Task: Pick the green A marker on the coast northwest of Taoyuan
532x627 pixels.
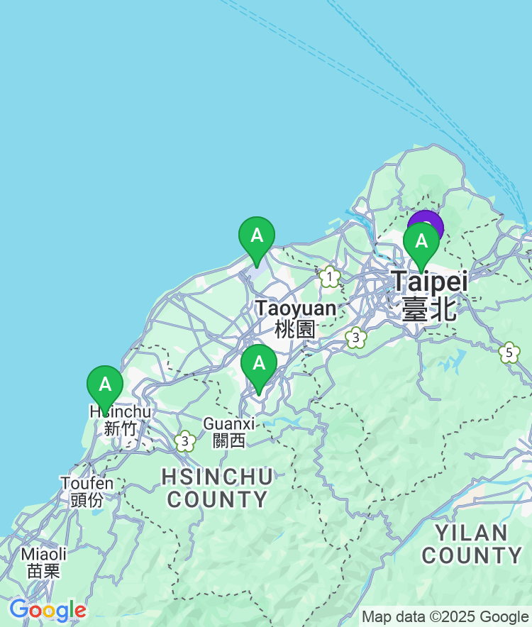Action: click(x=256, y=236)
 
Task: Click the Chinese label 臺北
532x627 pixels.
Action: click(x=428, y=310)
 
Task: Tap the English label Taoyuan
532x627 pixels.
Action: click(x=296, y=309)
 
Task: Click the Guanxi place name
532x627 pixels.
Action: click(x=228, y=423)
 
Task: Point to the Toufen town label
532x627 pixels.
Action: click(x=87, y=483)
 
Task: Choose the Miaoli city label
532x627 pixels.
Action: click(x=44, y=554)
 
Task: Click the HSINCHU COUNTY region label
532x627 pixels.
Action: click(x=217, y=487)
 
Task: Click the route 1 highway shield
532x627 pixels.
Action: click(x=329, y=277)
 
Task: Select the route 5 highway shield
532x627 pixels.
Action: click(x=509, y=353)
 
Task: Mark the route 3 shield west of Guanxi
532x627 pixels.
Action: click(x=185, y=441)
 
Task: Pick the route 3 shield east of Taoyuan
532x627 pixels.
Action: click(x=356, y=338)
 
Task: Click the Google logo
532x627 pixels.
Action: click(x=48, y=609)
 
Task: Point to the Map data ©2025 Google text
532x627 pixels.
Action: click(x=445, y=617)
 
